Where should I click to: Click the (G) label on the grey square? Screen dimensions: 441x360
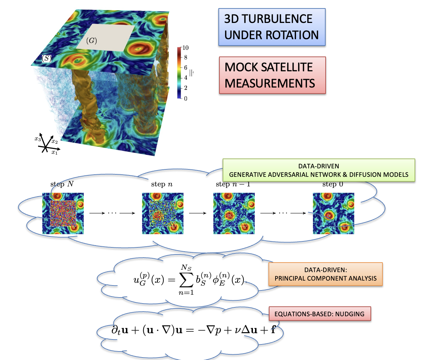click(x=91, y=40)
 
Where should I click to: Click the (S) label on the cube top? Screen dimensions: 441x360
click(x=47, y=58)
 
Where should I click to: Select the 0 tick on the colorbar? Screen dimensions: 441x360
click(x=186, y=98)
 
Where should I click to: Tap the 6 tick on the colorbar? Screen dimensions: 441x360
click(x=186, y=67)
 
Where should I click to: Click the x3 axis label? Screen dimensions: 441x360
click(x=38, y=139)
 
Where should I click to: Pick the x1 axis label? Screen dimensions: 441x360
click(x=54, y=152)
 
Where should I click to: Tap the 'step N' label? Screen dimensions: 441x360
click(x=62, y=184)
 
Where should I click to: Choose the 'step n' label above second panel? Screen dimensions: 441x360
click(x=162, y=184)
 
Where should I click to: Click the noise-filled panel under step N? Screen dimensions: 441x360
click(x=63, y=214)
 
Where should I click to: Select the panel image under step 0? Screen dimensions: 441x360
click(x=333, y=214)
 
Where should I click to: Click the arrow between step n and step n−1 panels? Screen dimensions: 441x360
click(x=198, y=213)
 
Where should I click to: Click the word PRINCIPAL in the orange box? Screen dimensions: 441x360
click(x=290, y=278)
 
